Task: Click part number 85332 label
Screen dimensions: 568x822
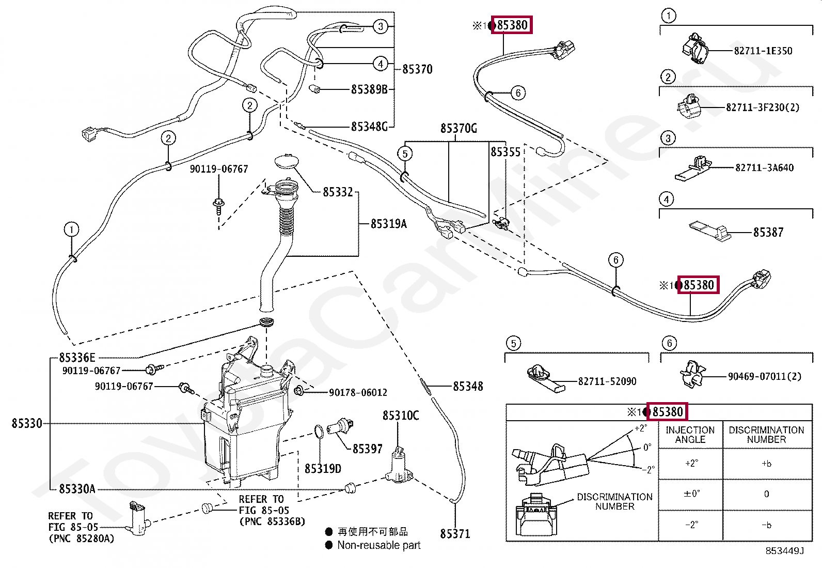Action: click(338, 192)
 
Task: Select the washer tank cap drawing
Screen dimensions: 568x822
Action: click(288, 160)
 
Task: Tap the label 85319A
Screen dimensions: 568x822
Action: click(389, 224)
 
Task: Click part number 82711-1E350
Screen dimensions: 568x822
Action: click(763, 51)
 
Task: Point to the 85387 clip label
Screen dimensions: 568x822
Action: click(768, 233)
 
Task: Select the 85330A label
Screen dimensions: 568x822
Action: click(77, 489)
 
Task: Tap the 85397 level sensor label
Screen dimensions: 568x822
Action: click(368, 449)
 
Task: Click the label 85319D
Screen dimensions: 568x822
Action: click(323, 469)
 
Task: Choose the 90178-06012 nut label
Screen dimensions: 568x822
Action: click(358, 393)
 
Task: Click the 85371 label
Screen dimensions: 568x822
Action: click(455, 534)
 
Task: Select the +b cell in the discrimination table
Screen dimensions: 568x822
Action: click(766, 464)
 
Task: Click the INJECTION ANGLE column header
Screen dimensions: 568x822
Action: click(690, 435)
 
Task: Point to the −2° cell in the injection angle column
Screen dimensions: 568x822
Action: click(691, 525)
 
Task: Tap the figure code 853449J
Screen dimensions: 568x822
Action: click(785, 551)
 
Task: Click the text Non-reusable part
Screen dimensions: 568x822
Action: click(379, 545)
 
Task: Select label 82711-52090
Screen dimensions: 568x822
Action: click(607, 381)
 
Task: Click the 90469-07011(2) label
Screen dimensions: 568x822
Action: click(765, 376)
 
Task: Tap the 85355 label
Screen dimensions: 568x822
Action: click(505, 152)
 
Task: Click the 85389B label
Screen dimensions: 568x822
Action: click(369, 89)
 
